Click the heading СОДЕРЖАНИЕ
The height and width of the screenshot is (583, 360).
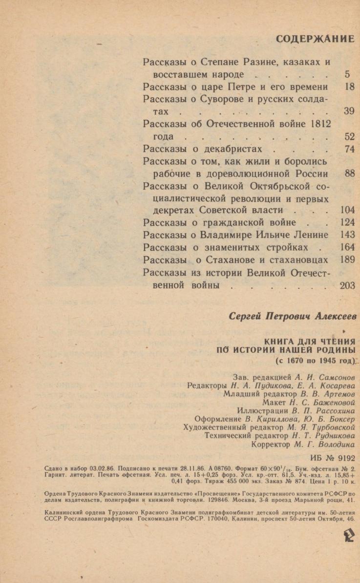(x=315, y=39)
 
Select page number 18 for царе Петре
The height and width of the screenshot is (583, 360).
(x=349, y=87)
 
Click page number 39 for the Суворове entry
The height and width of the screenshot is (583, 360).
(x=349, y=112)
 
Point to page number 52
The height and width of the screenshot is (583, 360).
(x=349, y=137)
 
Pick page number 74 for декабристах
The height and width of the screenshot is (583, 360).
(x=349, y=150)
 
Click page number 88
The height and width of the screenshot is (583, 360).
(x=349, y=174)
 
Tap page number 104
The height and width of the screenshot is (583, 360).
(x=347, y=210)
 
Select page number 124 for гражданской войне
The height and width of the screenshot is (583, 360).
(x=347, y=223)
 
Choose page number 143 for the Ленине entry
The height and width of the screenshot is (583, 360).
(x=347, y=235)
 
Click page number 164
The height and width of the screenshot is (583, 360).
(x=347, y=247)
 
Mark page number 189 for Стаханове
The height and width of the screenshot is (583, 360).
(x=347, y=260)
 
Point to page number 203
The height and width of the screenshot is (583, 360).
(x=347, y=285)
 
